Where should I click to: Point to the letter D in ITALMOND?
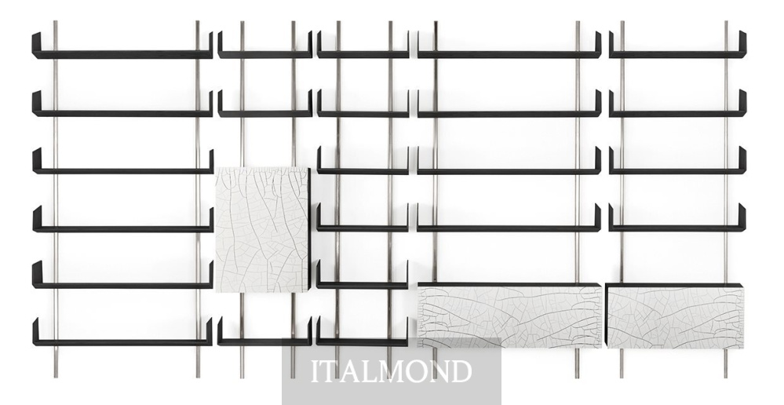(461, 371)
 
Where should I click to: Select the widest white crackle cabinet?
(509, 316)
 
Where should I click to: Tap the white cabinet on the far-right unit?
(675, 316)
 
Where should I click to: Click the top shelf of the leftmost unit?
(122, 46)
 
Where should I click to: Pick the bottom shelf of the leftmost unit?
(122, 332)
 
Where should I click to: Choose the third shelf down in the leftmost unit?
(123, 161)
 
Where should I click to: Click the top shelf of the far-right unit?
(677, 45)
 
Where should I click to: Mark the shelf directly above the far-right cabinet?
(677, 217)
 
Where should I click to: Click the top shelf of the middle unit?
(363, 45)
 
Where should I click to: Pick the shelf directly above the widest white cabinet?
(509, 217)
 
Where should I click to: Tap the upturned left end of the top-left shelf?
(36, 45)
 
